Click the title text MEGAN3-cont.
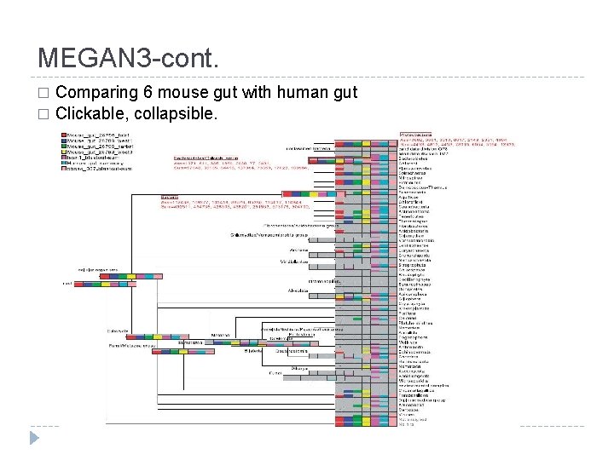pos(129,58)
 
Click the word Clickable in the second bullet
pos(93,113)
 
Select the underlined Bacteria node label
pos(169,196)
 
